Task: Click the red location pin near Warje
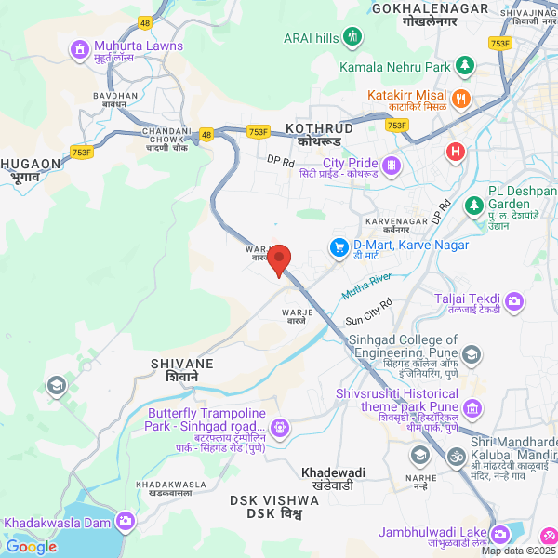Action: [x=280, y=259]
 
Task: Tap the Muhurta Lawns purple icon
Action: [x=79, y=47]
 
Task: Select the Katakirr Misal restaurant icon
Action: [x=459, y=98]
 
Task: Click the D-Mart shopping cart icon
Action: [x=339, y=247]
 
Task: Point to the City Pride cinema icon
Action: [x=391, y=166]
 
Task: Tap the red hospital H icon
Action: [x=455, y=152]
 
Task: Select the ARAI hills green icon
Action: [x=352, y=37]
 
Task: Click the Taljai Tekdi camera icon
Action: [x=513, y=302]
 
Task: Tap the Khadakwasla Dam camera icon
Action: [x=126, y=522]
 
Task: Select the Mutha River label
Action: [x=367, y=285]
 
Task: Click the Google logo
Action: [x=31, y=547]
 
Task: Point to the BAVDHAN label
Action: [x=115, y=96]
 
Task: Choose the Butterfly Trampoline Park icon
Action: [x=280, y=428]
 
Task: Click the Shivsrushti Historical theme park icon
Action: [x=473, y=407]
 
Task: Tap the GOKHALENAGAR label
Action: [x=430, y=8]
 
